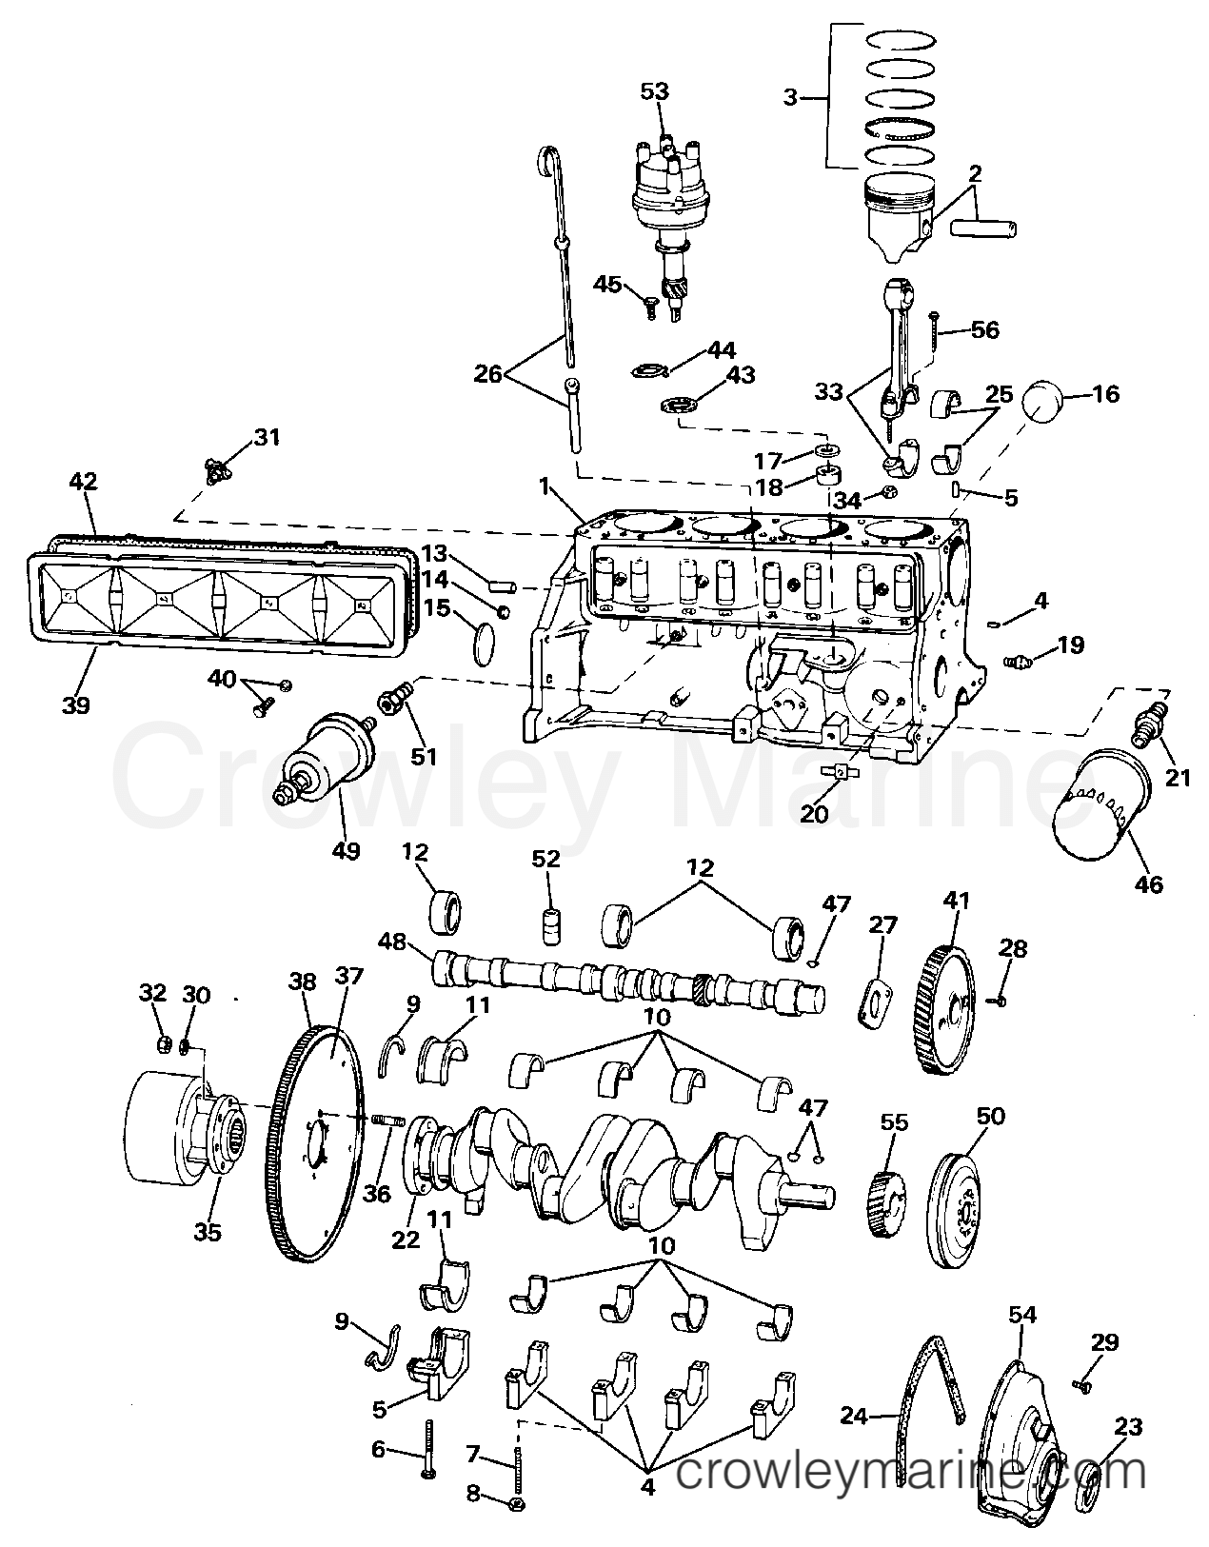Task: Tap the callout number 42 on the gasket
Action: coord(83,482)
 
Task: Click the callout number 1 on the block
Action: coord(544,486)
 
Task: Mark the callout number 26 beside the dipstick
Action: coord(488,375)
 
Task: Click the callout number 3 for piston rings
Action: coord(788,98)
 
